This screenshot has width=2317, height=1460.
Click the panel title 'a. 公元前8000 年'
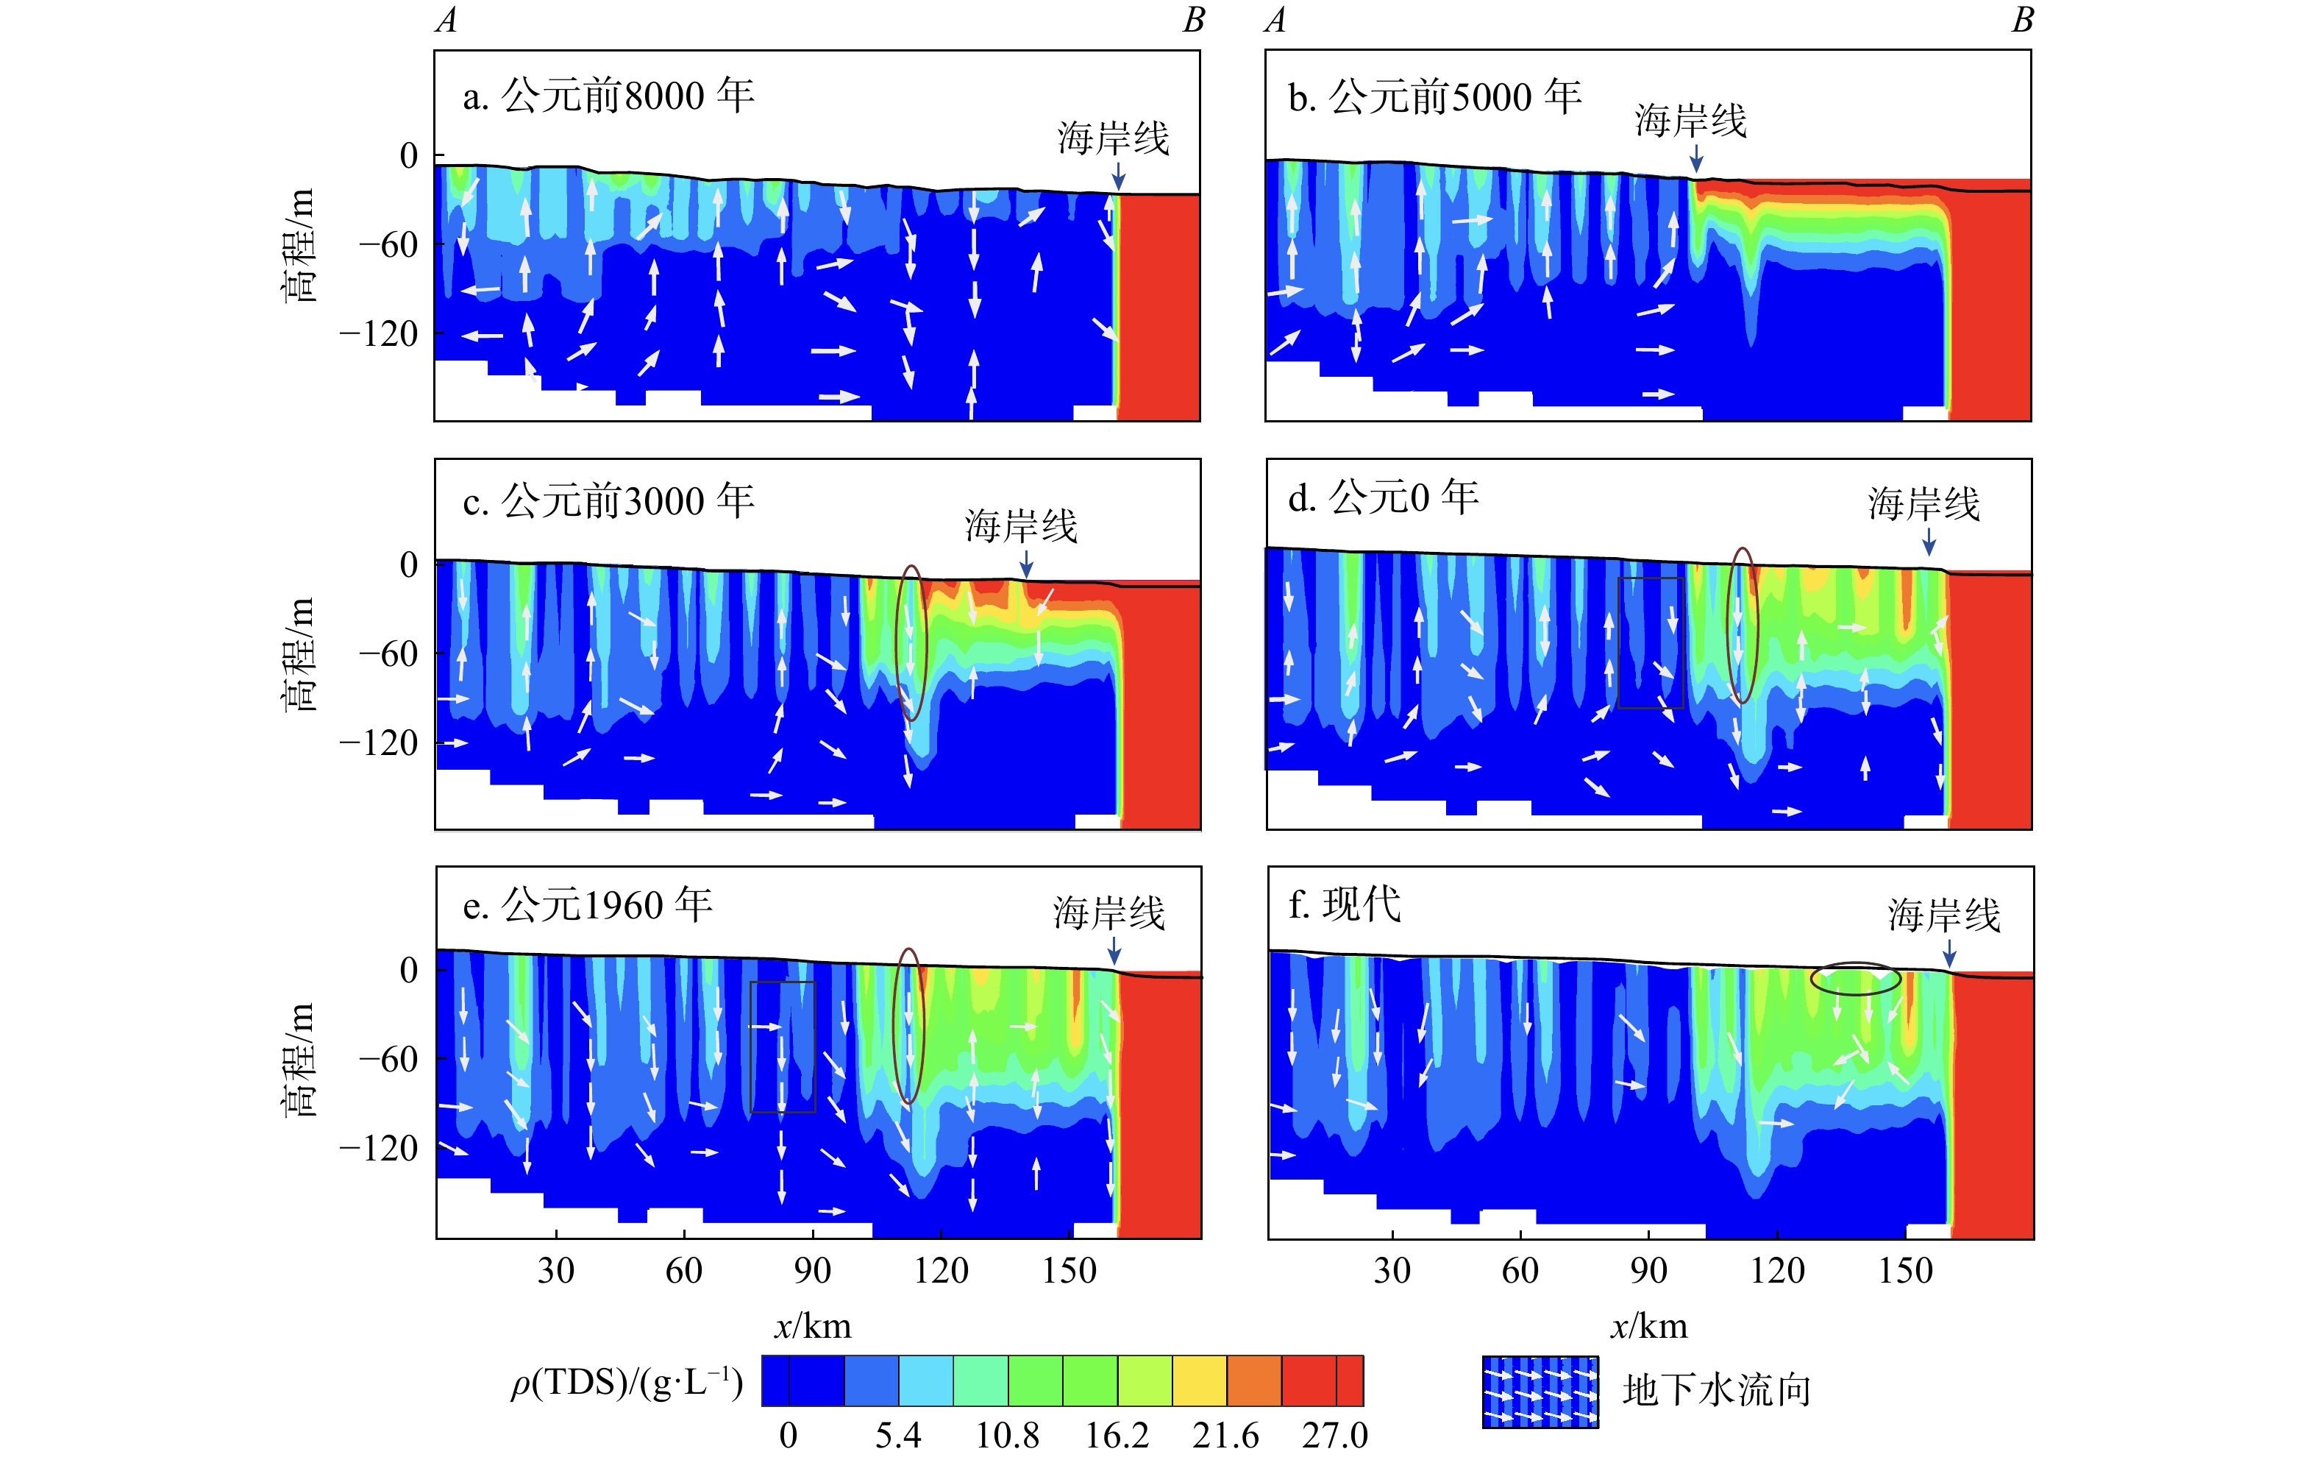pyautogui.click(x=608, y=96)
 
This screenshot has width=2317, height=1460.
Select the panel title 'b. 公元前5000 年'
pyautogui.click(x=1434, y=96)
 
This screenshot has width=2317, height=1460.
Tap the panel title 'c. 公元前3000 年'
pyautogui.click(x=608, y=501)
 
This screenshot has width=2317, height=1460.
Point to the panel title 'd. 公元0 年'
pyautogui.click(x=1383, y=497)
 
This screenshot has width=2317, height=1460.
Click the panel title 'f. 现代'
pyautogui.click(x=1344, y=904)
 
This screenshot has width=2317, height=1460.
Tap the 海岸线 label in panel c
pyautogui.click(x=1021, y=525)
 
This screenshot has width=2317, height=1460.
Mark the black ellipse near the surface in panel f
pyautogui.click(x=1855, y=979)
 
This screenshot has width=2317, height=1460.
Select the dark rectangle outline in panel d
pyautogui.click(x=1650, y=643)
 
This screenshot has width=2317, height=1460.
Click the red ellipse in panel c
pyautogui.click(x=911, y=643)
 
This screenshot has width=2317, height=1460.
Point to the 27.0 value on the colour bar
pyautogui.click(x=1334, y=1435)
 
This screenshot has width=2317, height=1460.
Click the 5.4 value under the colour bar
pyautogui.click(x=897, y=1435)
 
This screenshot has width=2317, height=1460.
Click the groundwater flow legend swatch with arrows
pyautogui.click(x=1540, y=1392)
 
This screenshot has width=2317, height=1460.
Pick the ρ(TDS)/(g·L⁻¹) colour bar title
pyautogui.click(x=627, y=1383)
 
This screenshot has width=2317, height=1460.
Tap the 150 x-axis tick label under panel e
pyautogui.click(x=1069, y=1270)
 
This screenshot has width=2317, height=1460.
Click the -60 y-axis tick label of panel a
pyautogui.click(x=388, y=244)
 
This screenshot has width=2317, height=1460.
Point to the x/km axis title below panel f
pyautogui.click(x=1648, y=1326)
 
